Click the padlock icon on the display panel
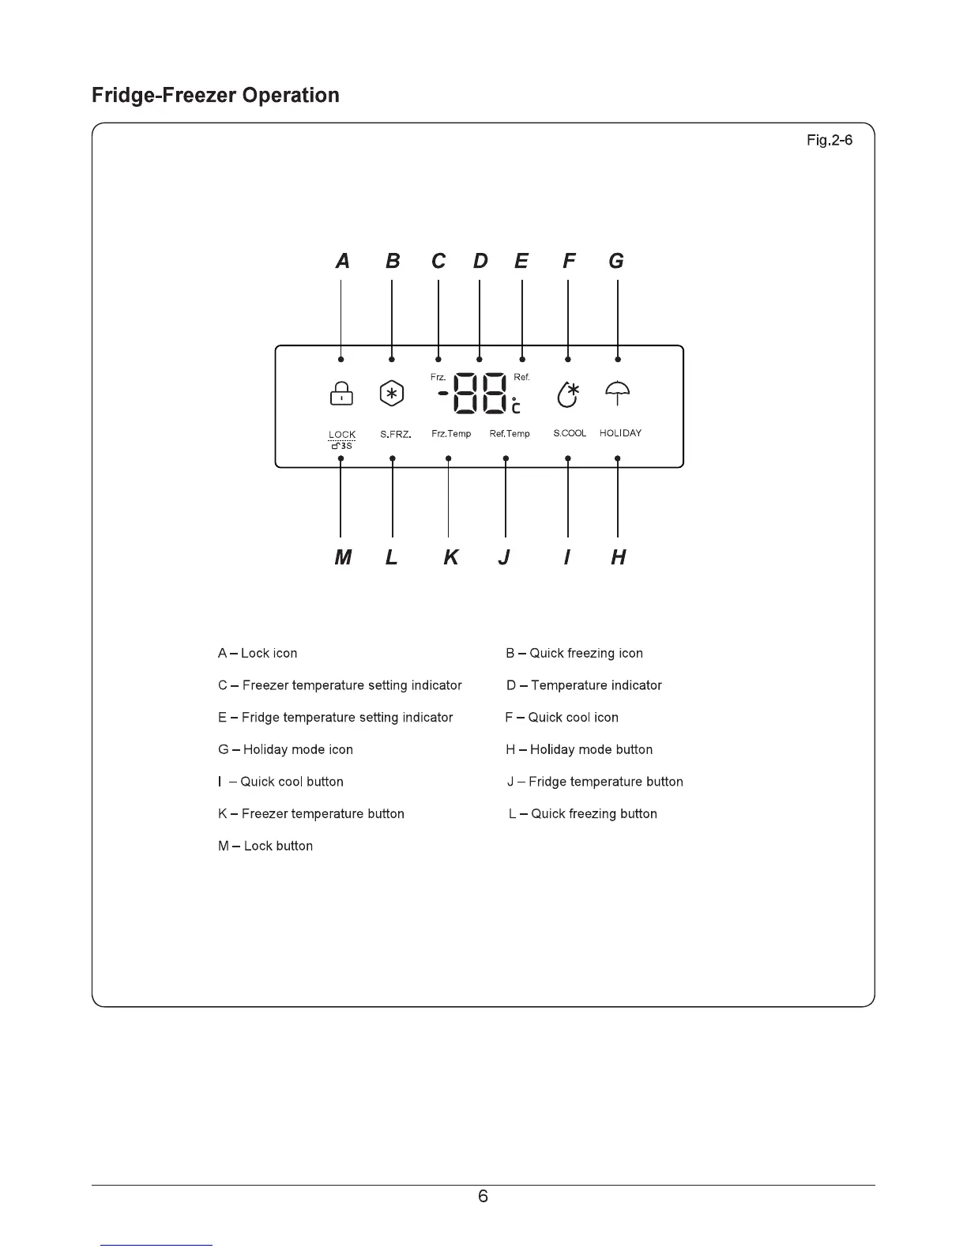pyautogui.click(x=341, y=394)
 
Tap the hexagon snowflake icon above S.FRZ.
pyautogui.click(x=392, y=394)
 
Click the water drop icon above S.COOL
pyautogui.click(x=568, y=394)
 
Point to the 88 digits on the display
pyautogui.click(x=480, y=393)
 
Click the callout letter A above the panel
pyautogui.click(x=342, y=262)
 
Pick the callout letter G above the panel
pyautogui.click(x=616, y=262)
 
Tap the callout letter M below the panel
pyautogui.click(x=343, y=558)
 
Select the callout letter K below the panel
pyautogui.click(x=450, y=558)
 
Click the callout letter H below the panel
pyautogui.click(x=619, y=558)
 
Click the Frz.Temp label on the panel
pyautogui.click(x=451, y=434)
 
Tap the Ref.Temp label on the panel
pyautogui.click(x=510, y=434)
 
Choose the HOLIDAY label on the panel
pyautogui.click(x=620, y=433)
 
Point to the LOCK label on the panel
pyautogui.click(x=342, y=435)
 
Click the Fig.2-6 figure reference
pyautogui.click(x=829, y=141)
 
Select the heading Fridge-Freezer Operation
pyautogui.click(x=216, y=96)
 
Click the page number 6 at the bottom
pyautogui.click(x=483, y=1197)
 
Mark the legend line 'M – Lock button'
pyautogui.click(x=265, y=846)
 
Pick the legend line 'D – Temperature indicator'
pyautogui.click(x=584, y=685)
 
